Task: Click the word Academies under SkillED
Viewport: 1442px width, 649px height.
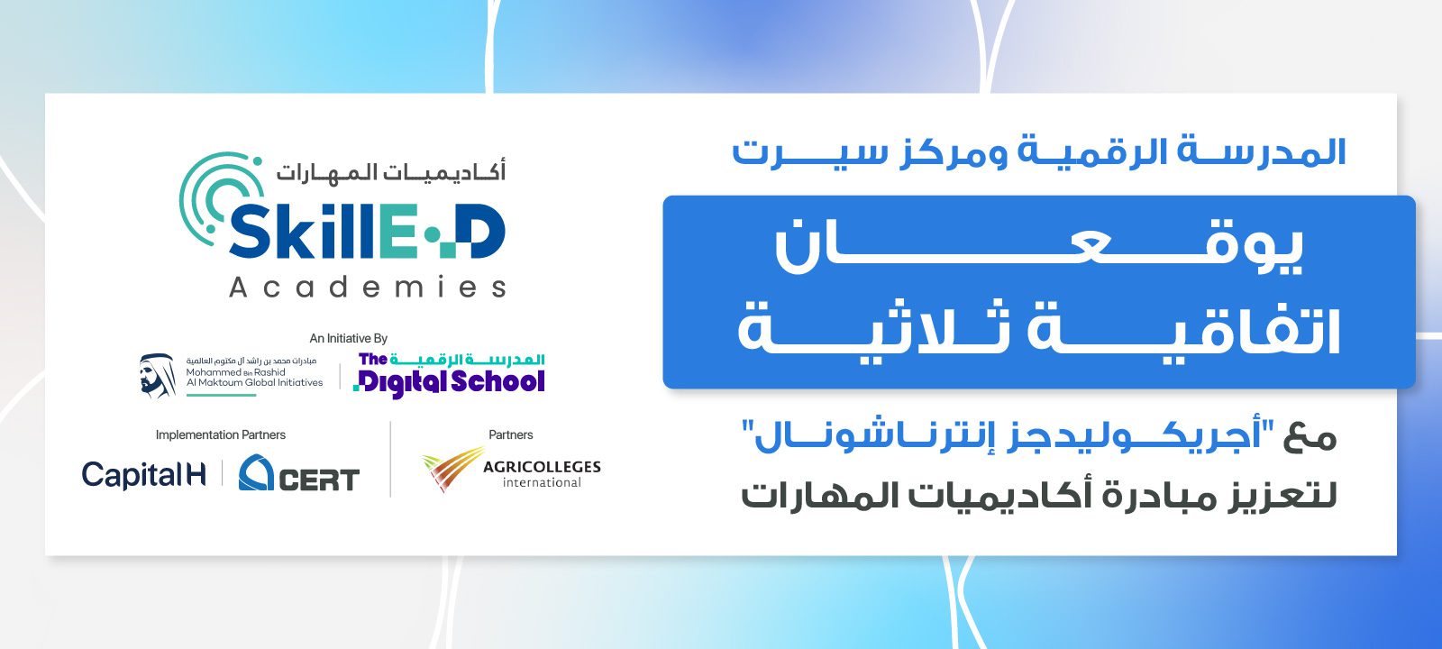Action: point(368,288)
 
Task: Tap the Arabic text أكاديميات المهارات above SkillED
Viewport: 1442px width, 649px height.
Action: point(391,170)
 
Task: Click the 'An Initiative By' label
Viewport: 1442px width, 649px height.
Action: point(348,338)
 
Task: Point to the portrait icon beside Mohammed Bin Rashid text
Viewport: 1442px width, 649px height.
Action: point(157,375)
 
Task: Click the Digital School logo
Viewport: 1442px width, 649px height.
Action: point(450,375)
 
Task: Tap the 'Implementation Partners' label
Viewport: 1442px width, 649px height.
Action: point(220,434)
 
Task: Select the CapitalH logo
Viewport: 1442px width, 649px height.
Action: point(143,475)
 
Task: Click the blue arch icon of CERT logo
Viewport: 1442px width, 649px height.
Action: point(256,473)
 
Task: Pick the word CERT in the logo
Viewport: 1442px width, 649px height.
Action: point(319,480)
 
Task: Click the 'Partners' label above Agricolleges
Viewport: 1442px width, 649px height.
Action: point(510,434)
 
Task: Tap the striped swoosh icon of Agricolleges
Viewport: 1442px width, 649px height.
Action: point(452,468)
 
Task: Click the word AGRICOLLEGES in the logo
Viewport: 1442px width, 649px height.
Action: point(542,466)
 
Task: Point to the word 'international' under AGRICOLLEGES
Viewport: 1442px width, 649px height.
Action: point(542,482)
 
